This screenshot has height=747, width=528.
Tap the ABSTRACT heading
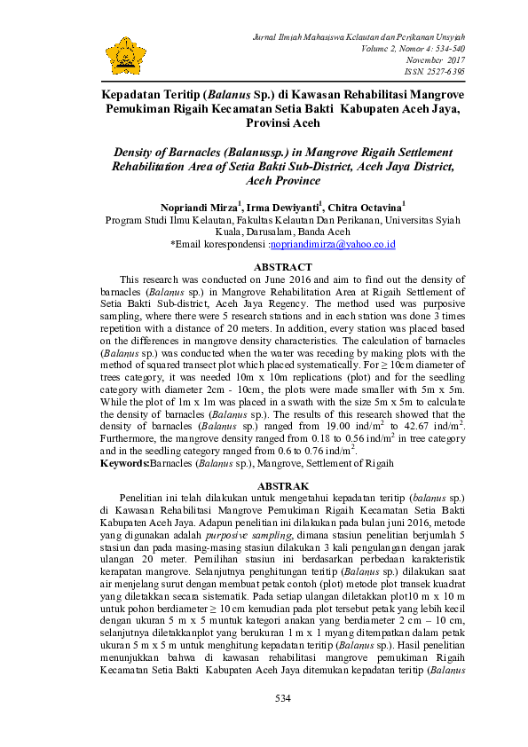coord(282,267)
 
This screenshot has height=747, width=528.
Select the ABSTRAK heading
coord(282,486)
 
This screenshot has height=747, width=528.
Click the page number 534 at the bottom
coord(282,699)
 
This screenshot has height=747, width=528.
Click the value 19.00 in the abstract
coord(328,429)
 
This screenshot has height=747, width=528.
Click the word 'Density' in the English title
coord(133,152)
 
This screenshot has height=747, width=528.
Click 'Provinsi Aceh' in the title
coord(282,123)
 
